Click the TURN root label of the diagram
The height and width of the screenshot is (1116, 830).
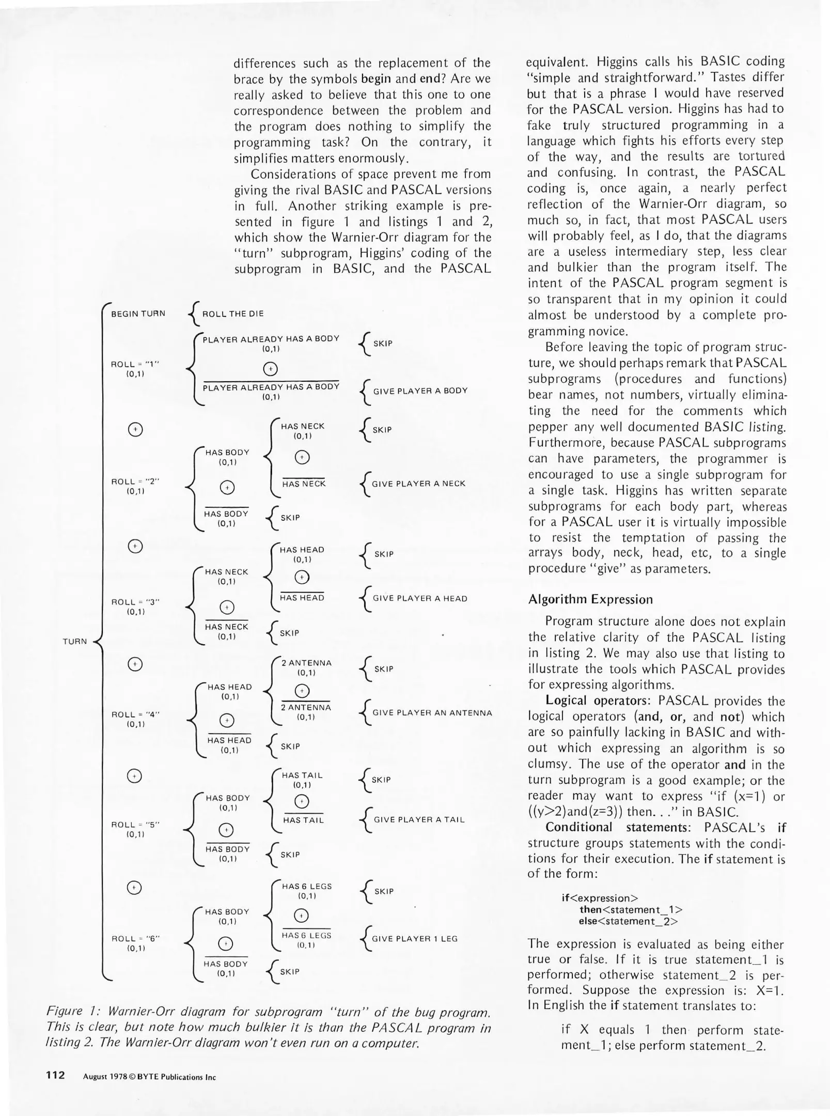point(74,641)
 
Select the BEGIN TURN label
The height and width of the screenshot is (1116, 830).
point(138,314)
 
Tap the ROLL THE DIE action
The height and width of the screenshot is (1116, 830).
point(233,314)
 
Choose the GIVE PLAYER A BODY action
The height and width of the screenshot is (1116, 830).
point(420,391)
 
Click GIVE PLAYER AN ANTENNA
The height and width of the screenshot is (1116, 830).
point(432,712)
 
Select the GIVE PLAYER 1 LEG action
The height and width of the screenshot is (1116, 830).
point(415,939)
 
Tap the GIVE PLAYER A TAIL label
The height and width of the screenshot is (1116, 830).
point(419,819)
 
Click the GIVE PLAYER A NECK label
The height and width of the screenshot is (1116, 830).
point(418,484)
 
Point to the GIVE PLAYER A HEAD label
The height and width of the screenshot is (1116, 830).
point(419,598)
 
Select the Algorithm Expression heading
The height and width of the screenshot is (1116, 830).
point(590,599)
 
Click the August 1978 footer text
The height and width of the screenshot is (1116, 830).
point(106,1077)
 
